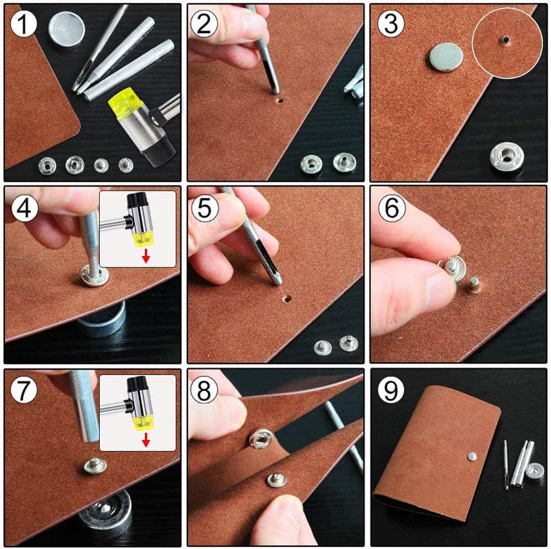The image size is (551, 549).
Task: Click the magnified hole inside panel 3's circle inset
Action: tap(504, 39)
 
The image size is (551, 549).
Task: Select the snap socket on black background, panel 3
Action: tap(507, 157)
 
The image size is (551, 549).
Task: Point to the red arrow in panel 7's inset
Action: tap(145, 439)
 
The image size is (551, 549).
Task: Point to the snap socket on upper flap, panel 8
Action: tap(261, 438)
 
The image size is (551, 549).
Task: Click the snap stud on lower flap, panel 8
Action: tap(277, 479)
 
